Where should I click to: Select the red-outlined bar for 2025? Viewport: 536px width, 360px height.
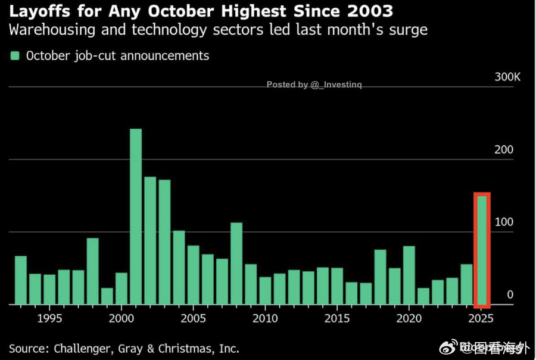(482, 249)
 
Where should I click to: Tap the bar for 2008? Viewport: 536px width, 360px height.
(236, 263)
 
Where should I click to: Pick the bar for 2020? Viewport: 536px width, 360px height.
(409, 275)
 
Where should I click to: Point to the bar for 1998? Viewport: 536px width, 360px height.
(92, 271)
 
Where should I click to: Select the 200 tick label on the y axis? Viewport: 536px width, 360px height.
(504, 150)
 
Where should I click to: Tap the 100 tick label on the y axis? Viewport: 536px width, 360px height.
(504, 222)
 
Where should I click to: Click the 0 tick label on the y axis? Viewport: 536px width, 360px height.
(510, 294)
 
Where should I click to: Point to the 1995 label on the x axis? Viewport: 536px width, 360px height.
(49, 318)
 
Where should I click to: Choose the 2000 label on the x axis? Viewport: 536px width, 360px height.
(121, 318)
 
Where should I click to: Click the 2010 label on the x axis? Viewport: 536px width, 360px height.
(266, 318)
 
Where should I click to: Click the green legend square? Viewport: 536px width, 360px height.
(15, 55)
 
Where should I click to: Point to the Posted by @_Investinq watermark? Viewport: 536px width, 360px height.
(314, 85)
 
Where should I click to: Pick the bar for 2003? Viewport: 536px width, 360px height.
(164, 242)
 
